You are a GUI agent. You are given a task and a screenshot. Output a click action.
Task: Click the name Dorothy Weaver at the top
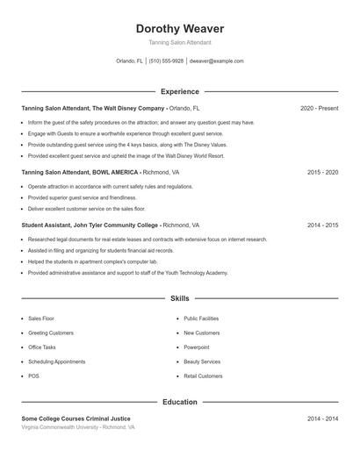(179, 29)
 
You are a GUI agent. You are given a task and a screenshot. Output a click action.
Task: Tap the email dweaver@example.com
(216, 61)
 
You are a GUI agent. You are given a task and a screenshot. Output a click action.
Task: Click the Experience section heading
(179, 91)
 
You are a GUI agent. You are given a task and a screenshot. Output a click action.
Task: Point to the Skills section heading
(179, 298)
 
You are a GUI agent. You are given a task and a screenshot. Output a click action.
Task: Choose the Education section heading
(179, 402)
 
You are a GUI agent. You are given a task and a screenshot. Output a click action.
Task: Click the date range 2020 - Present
(319, 108)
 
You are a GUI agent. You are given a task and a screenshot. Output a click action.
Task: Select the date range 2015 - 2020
(322, 173)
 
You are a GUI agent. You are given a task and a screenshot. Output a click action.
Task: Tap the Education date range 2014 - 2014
(322, 418)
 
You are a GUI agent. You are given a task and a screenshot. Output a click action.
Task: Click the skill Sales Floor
(41, 319)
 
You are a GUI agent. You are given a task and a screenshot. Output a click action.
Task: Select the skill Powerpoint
(198, 347)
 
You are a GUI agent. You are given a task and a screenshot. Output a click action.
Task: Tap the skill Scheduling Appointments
(56, 361)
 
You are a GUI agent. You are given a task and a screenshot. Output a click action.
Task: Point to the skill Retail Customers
(203, 376)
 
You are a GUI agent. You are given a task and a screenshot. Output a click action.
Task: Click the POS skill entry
(33, 376)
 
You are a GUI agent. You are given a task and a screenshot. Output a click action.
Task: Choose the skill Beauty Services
(202, 361)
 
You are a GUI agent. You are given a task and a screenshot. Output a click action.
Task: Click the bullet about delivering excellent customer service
(86, 209)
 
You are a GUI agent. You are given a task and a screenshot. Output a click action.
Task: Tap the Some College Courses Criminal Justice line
(76, 418)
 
